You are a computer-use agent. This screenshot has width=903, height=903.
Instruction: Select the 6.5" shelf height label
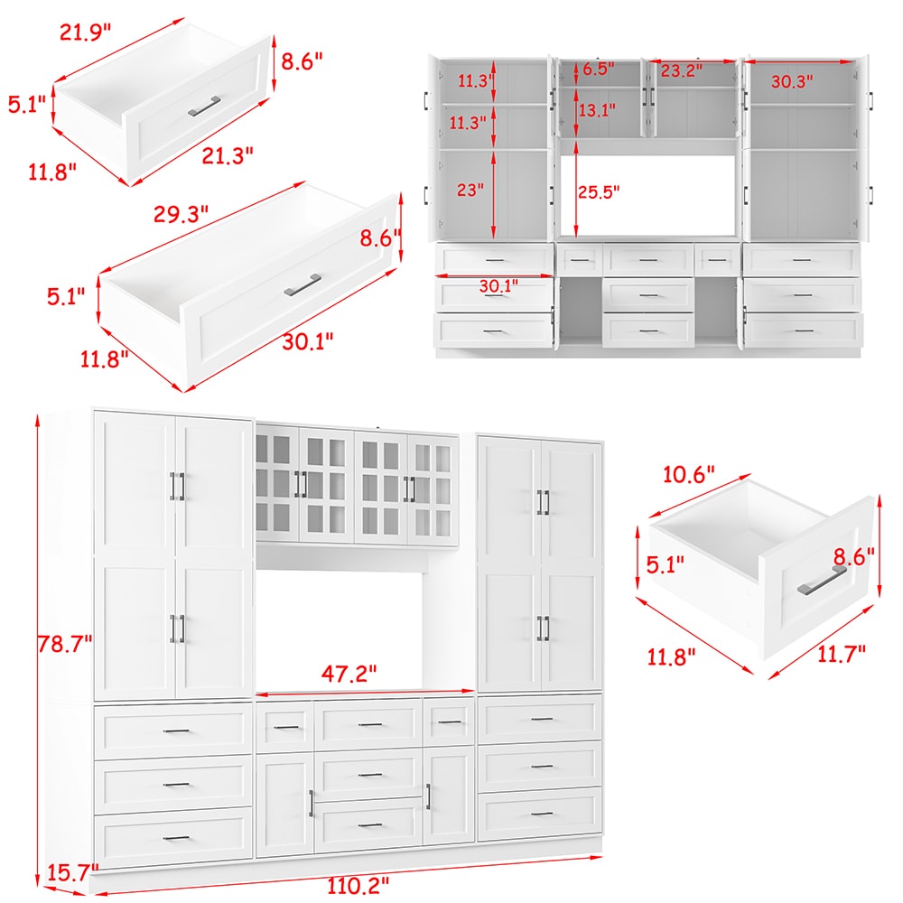(598, 69)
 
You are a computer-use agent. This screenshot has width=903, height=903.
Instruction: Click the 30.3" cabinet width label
(792, 80)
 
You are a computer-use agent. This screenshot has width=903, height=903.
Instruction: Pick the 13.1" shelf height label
(597, 110)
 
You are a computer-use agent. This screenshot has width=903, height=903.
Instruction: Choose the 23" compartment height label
(470, 191)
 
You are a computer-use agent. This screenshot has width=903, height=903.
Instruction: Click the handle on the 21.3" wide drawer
(205, 106)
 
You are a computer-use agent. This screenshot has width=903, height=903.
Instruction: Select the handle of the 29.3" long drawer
(303, 284)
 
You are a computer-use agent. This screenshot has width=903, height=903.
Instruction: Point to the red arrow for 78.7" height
(37, 646)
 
